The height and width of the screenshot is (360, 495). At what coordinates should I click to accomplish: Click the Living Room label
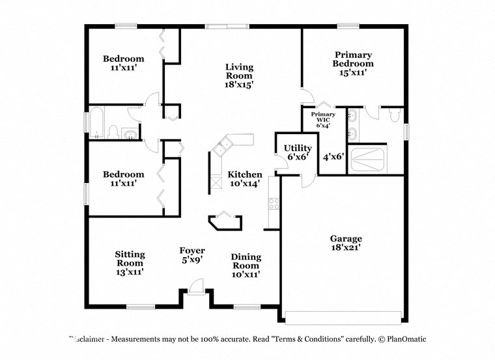[x=239, y=76]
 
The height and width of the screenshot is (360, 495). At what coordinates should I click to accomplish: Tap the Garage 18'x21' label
[x=345, y=243]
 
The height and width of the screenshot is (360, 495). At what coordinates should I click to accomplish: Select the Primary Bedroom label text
[x=353, y=64]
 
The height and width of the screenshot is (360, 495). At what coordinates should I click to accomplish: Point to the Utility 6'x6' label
[x=297, y=152]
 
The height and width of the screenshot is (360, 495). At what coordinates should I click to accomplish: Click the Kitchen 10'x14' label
[x=245, y=179]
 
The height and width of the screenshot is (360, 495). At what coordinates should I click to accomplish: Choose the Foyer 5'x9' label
[x=192, y=255]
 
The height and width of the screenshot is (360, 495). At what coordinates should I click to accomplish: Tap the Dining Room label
[x=246, y=266]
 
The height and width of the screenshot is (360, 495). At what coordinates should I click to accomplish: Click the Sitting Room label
[x=130, y=263]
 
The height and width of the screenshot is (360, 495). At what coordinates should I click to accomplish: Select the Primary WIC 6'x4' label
[x=323, y=120]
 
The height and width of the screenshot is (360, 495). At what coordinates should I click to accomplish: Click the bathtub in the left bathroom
[x=96, y=124]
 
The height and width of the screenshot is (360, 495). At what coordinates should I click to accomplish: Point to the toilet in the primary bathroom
[x=393, y=116]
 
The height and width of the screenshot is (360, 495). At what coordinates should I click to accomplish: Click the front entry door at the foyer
[x=195, y=286]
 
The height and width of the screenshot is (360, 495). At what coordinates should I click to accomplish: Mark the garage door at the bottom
[x=343, y=317]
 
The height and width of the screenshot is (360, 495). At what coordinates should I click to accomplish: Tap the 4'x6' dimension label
[x=333, y=156]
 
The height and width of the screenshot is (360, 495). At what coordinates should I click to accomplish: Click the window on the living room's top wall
[x=226, y=27]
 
